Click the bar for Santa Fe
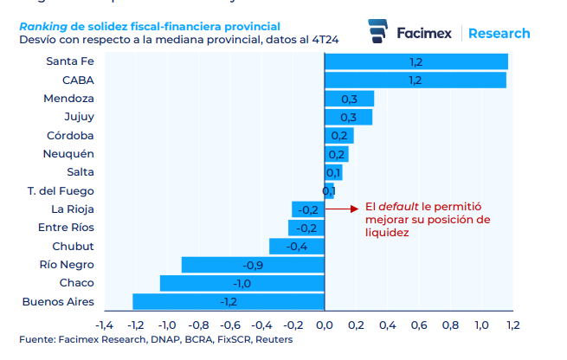[x=416, y=61]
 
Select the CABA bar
[x=415, y=80]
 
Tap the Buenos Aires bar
[x=228, y=301]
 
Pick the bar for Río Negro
[x=252, y=265]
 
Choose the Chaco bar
[x=242, y=283]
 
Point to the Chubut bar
[x=296, y=247]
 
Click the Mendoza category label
[x=69, y=99]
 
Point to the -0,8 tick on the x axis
[x=198, y=325]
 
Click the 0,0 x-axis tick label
[x=325, y=325]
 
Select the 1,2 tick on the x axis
[x=512, y=325]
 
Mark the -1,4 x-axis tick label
[x=104, y=325]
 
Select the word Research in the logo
[x=499, y=33]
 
